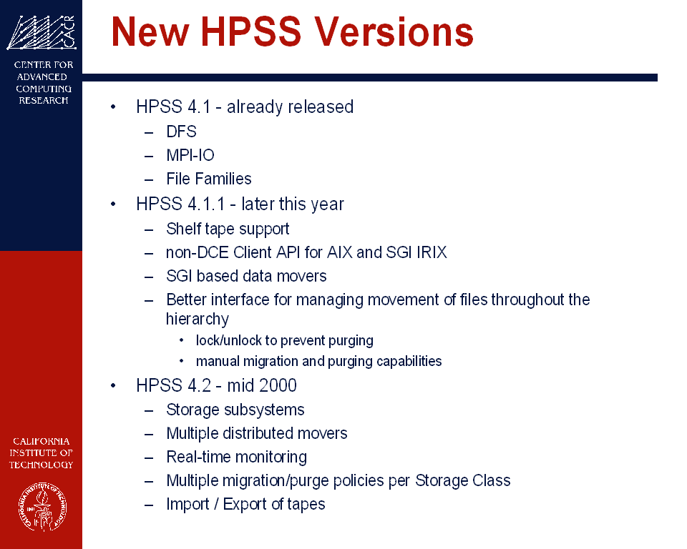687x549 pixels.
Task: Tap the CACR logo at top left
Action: coord(42,32)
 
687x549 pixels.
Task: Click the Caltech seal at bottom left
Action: coord(42,507)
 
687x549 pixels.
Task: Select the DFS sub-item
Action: coord(181,132)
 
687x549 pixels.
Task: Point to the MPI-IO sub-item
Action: coord(190,155)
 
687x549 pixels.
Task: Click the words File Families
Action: coord(209,179)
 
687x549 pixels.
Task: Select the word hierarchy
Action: coord(198,319)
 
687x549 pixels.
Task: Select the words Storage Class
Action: coord(463,480)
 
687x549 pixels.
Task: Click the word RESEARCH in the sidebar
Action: coord(44,100)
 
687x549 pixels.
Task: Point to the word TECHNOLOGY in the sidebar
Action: coord(42,465)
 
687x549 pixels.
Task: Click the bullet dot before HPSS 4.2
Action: coord(113,386)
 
